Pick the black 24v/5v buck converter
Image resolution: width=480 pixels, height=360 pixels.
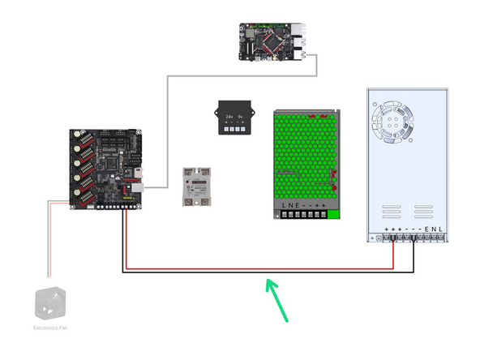click(x=233, y=119)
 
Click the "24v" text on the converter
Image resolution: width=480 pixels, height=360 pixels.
click(x=229, y=117)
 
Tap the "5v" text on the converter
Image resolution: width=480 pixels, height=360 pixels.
click(x=241, y=117)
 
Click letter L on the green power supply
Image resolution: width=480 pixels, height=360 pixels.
click(x=284, y=206)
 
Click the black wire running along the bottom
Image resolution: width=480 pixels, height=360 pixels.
click(x=268, y=273)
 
